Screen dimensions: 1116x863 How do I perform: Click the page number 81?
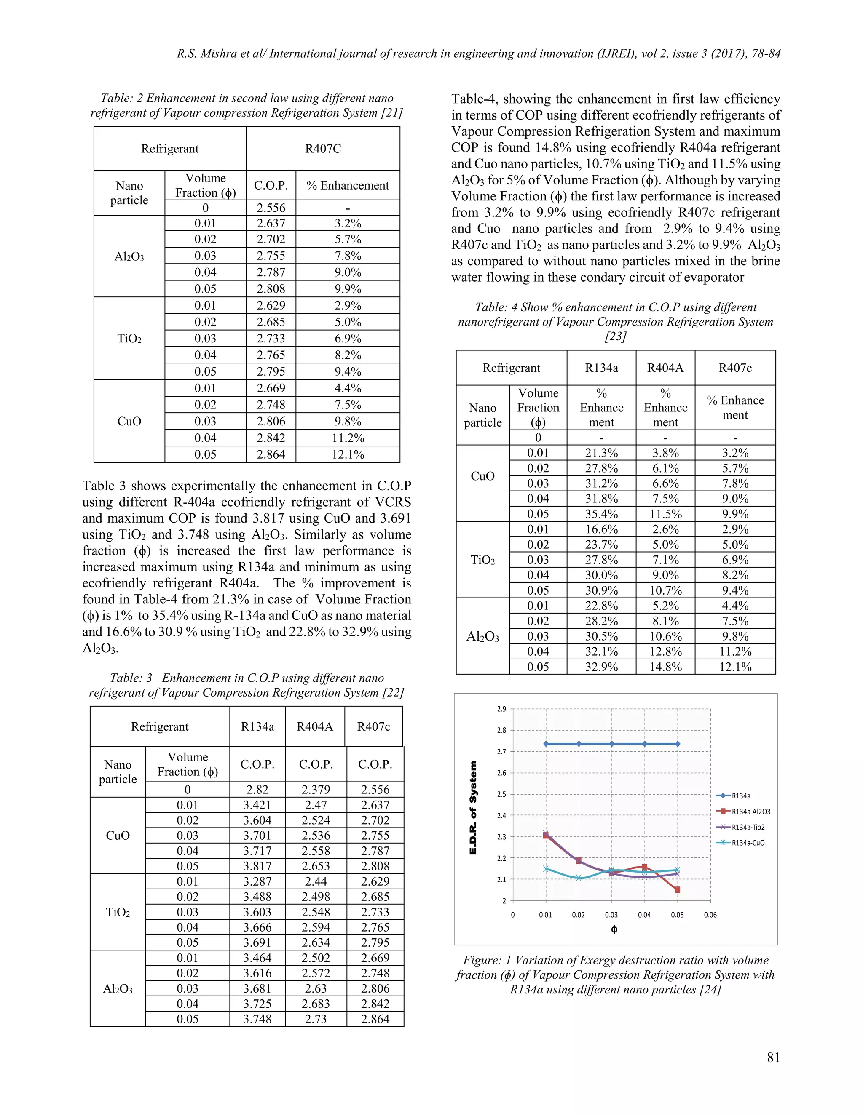(x=773, y=1058)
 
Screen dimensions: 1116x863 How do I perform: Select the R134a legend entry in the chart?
(x=740, y=796)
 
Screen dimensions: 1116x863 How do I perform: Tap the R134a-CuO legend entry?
(x=748, y=843)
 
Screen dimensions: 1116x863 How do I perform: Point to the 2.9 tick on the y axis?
(x=501, y=709)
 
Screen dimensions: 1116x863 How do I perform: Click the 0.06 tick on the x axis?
(x=710, y=915)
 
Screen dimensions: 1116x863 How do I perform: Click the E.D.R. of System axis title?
(x=473, y=807)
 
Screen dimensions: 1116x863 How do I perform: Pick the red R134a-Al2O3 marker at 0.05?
(x=678, y=889)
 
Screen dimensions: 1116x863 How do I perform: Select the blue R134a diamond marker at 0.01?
(x=546, y=744)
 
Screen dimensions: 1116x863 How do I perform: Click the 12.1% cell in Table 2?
(x=348, y=454)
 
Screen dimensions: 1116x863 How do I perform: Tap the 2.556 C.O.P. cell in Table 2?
(x=271, y=208)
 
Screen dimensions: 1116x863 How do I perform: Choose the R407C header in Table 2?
(x=323, y=149)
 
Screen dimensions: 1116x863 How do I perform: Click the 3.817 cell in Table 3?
(x=257, y=866)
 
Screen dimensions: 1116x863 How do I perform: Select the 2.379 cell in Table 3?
(x=316, y=790)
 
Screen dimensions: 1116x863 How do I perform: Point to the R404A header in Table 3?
(x=314, y=726)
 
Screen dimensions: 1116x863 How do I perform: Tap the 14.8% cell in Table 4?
(x=665, y=667)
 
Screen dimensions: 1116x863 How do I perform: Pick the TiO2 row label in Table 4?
(x=482, y=560)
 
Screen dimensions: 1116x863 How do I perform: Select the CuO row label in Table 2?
(x=129, y=421)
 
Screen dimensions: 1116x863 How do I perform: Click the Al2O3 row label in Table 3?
(x=118, y=989)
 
